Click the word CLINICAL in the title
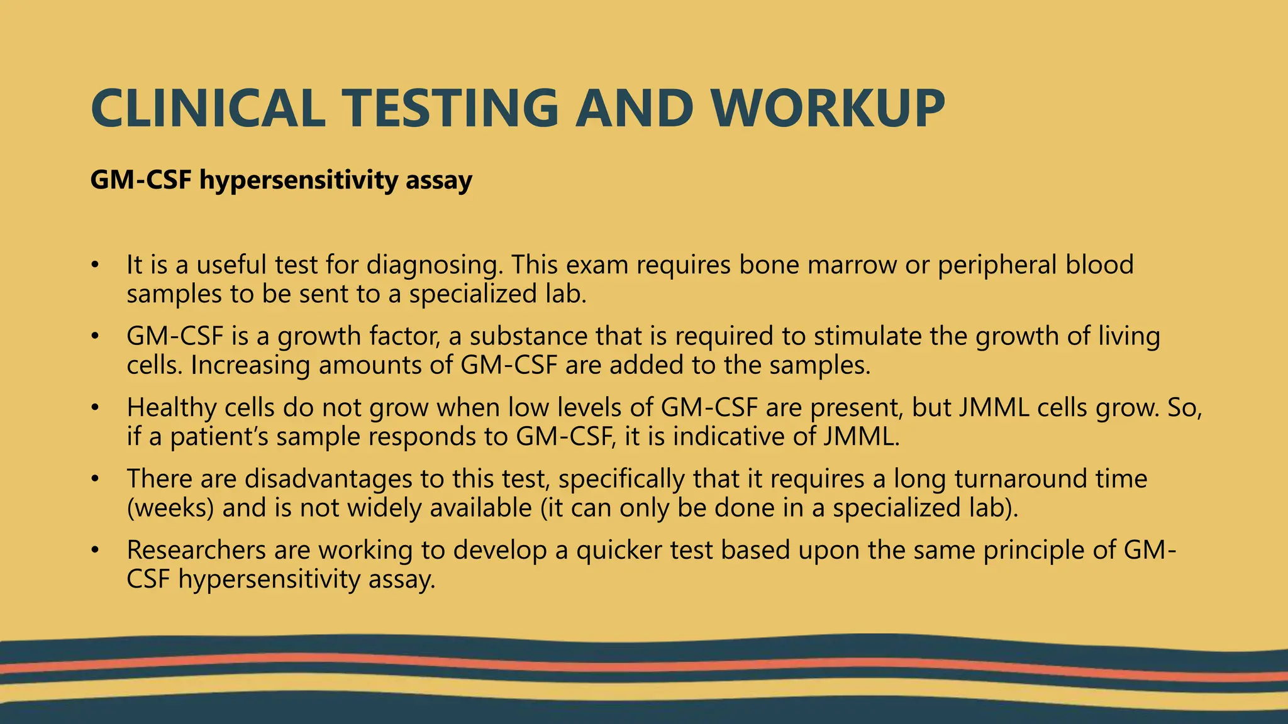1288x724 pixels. click(x=208, y=109)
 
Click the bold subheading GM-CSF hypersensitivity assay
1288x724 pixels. click(x=281, y=180)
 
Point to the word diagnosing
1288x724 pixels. click(x=435, y=265)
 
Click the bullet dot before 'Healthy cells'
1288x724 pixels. click(x=94, y=409)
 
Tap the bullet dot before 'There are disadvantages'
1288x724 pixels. click(x=94, y=480)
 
